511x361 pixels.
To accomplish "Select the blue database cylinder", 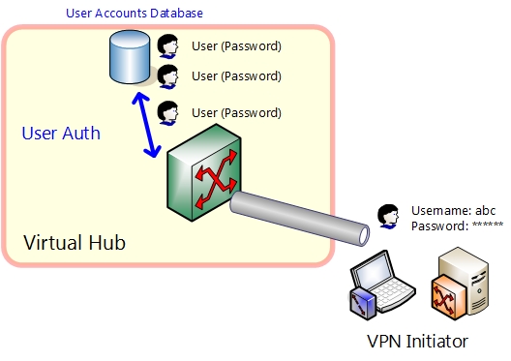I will pyautogui.click(x=130, y=57).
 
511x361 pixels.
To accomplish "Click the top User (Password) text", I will pyautogui.click(x=236, y=45).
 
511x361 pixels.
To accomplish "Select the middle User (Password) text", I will pyautogui.click(x=236, y=75).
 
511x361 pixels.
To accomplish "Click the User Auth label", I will pyautogui.click(x=60, y=134).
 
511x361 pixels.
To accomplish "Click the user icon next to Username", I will pyautogui.click(x=388, y=217).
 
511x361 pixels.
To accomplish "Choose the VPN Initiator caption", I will pyautogui.click(x=417, y=341).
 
